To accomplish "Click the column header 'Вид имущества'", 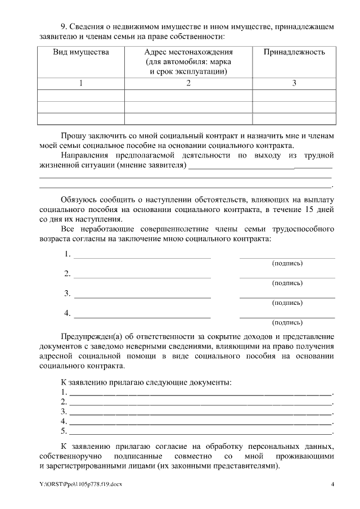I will point(81,52).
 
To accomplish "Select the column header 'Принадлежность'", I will point(294,52).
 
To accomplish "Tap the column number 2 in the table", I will point(188,83).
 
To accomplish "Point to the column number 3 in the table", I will point(294,83).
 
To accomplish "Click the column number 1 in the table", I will point(81,83).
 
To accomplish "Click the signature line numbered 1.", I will point(287,256).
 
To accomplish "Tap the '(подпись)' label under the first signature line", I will point(287,263).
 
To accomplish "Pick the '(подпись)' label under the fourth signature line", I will point(287,323).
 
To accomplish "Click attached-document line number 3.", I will point(200,413).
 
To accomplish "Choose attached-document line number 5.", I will point(200,434).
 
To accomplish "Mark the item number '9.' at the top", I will point(65,26).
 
